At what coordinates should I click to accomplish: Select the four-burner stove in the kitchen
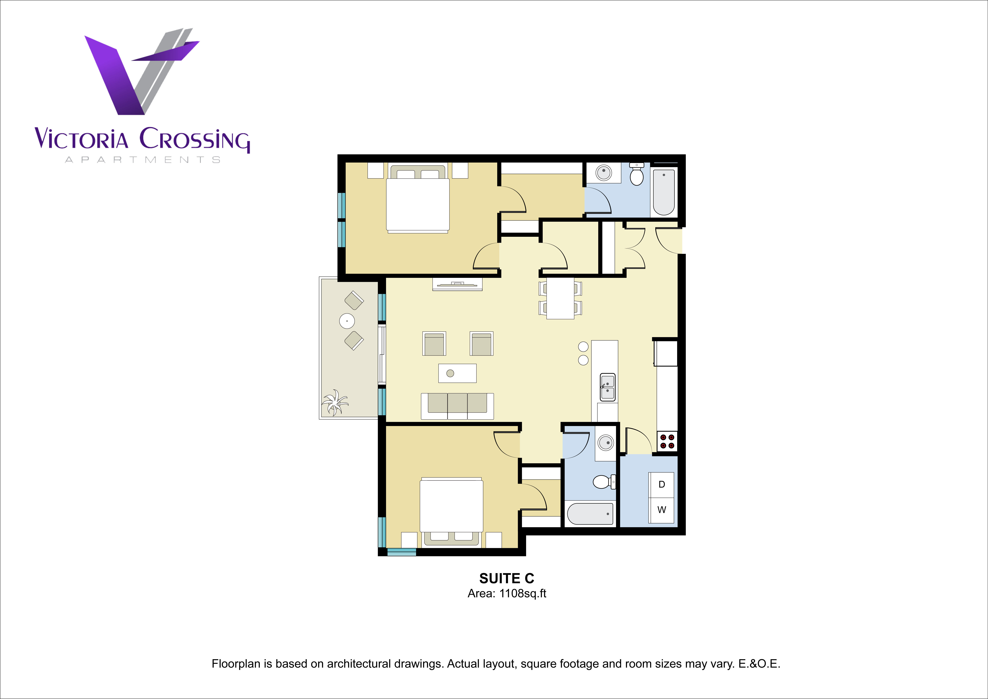coord(667,441)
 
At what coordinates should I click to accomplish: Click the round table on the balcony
coord(347,321)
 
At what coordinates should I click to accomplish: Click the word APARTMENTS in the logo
coord(142,160)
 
